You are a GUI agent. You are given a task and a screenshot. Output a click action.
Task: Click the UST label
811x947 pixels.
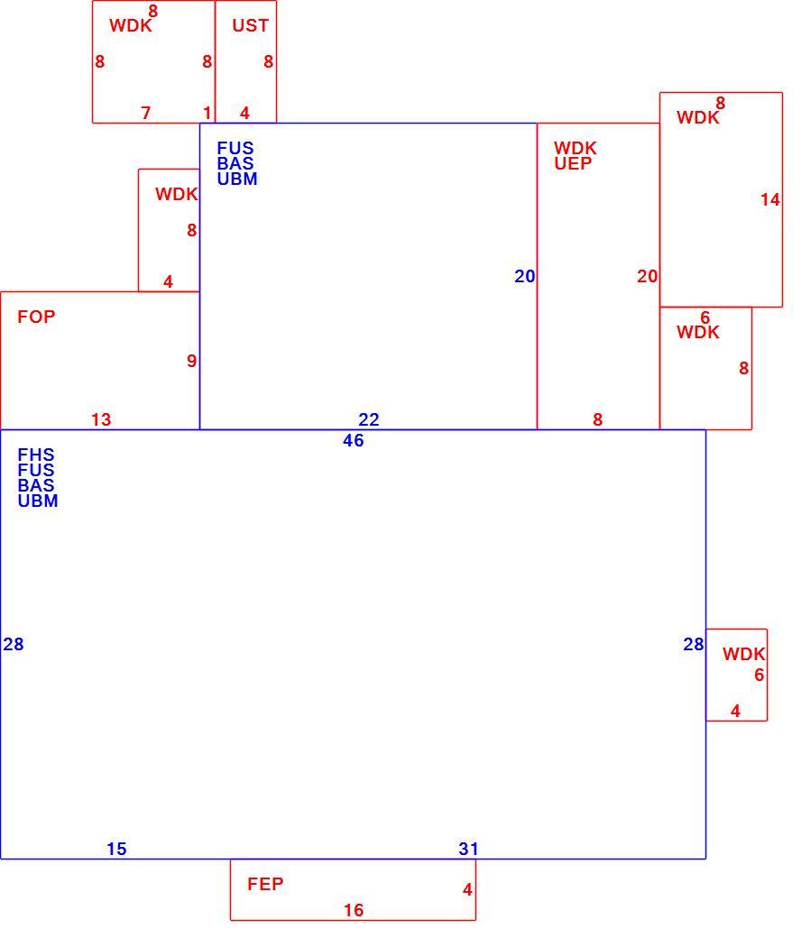(250, 25)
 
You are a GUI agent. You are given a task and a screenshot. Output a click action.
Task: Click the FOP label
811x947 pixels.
(36, 317)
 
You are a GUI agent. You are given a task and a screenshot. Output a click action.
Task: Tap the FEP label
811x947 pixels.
(265, 884)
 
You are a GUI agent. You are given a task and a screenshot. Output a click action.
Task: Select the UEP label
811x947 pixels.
(573, 163)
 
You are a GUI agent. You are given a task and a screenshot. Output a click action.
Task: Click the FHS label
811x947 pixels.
(35, 455)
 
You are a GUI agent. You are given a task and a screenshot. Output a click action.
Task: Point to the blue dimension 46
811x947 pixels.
(354, 441)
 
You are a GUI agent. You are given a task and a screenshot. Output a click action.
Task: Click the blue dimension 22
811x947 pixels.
(369, 419)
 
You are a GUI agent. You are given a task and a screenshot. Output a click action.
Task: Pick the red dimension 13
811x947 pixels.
(101, 419)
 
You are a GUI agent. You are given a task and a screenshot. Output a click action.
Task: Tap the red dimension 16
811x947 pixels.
(354, 910)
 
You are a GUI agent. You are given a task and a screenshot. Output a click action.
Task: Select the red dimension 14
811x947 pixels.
(770, 200)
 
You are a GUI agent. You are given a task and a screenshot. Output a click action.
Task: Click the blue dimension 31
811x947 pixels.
(468, 850)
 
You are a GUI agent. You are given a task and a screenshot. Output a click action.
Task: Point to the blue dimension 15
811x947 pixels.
(116, 850)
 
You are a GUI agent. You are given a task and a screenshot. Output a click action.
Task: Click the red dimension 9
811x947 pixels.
(191, 361)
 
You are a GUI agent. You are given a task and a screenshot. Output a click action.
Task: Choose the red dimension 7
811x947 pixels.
(145, 113)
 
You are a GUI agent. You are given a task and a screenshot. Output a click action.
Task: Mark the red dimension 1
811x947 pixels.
(207, 113)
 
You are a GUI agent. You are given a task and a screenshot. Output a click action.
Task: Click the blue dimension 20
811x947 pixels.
(525, 277)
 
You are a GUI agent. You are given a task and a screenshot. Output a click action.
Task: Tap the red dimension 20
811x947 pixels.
(648, 277)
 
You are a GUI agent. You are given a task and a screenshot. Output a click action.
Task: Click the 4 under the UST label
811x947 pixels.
(244, 113)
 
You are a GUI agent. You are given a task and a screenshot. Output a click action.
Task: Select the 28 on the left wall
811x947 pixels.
(14, 645)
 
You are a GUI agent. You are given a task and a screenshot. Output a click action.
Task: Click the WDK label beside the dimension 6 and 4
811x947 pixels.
(744, 654)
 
